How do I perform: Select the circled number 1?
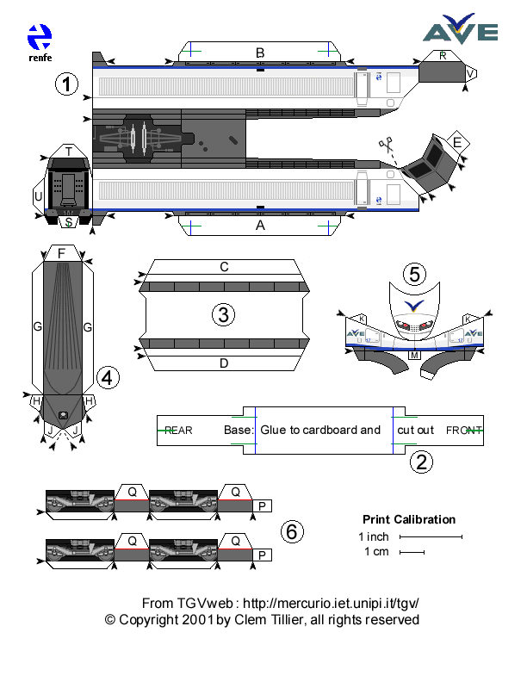(66, 84)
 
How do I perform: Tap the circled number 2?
(421, 462)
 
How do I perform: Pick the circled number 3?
(223, 315)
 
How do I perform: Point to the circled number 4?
(108, 376)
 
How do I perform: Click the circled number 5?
(415, 275)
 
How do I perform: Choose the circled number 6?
(292, 532)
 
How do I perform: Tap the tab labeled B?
(260, 53)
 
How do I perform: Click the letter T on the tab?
(68, 152)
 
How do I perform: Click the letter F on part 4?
(61, 253)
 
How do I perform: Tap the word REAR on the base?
(178, 430)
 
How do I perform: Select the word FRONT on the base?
(463, 430)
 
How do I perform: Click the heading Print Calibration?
(409, 519)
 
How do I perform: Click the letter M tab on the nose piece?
(414, 355)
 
